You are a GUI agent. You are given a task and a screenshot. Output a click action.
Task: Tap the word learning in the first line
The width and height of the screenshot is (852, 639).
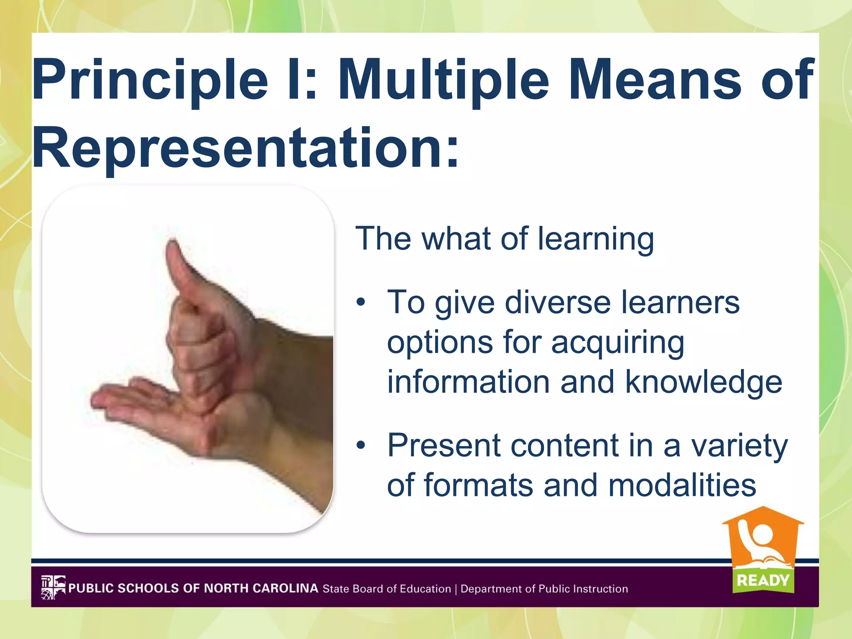(595, 239)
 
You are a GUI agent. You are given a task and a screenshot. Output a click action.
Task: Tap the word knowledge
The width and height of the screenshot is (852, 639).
(703, 382)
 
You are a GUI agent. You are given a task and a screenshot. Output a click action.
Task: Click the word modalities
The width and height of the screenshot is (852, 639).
(682, 485)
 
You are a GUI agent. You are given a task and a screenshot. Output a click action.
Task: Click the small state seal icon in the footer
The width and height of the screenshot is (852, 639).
(53, 587)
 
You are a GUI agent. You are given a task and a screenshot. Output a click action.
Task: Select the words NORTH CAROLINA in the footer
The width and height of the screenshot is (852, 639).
(261, 588)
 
